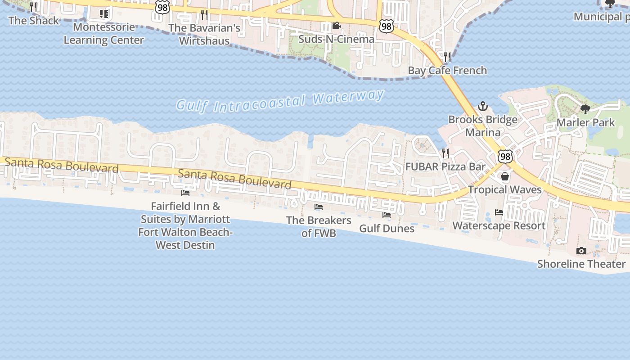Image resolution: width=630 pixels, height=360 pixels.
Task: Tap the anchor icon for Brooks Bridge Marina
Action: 483,107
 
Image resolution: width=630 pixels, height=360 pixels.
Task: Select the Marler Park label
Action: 585,122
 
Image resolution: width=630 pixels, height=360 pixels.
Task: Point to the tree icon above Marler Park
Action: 585,109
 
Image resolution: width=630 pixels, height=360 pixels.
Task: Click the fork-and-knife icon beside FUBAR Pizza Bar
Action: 445,153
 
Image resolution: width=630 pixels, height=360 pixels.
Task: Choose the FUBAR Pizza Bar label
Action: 445,166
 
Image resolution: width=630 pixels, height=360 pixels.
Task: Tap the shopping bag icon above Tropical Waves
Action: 505,176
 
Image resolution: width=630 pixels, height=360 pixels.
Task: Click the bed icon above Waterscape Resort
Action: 499,212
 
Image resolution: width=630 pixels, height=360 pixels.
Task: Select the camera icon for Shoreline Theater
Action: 581,251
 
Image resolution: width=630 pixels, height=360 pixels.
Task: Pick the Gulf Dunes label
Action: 387,229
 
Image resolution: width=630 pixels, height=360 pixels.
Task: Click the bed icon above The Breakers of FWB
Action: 319,207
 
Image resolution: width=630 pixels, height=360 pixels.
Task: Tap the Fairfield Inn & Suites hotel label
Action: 184,226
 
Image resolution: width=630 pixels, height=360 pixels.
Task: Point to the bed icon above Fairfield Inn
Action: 185,193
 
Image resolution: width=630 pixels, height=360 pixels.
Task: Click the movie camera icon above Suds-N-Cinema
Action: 336,26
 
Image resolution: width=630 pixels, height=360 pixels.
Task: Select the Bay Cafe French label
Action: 447,71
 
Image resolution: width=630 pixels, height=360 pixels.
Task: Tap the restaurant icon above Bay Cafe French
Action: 447,57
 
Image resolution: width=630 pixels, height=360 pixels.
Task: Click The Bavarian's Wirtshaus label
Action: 204,34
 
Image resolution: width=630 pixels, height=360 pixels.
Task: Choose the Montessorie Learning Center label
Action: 103,34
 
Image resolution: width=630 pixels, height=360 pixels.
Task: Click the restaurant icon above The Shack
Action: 33,7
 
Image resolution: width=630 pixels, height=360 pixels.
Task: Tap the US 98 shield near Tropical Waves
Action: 505,157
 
